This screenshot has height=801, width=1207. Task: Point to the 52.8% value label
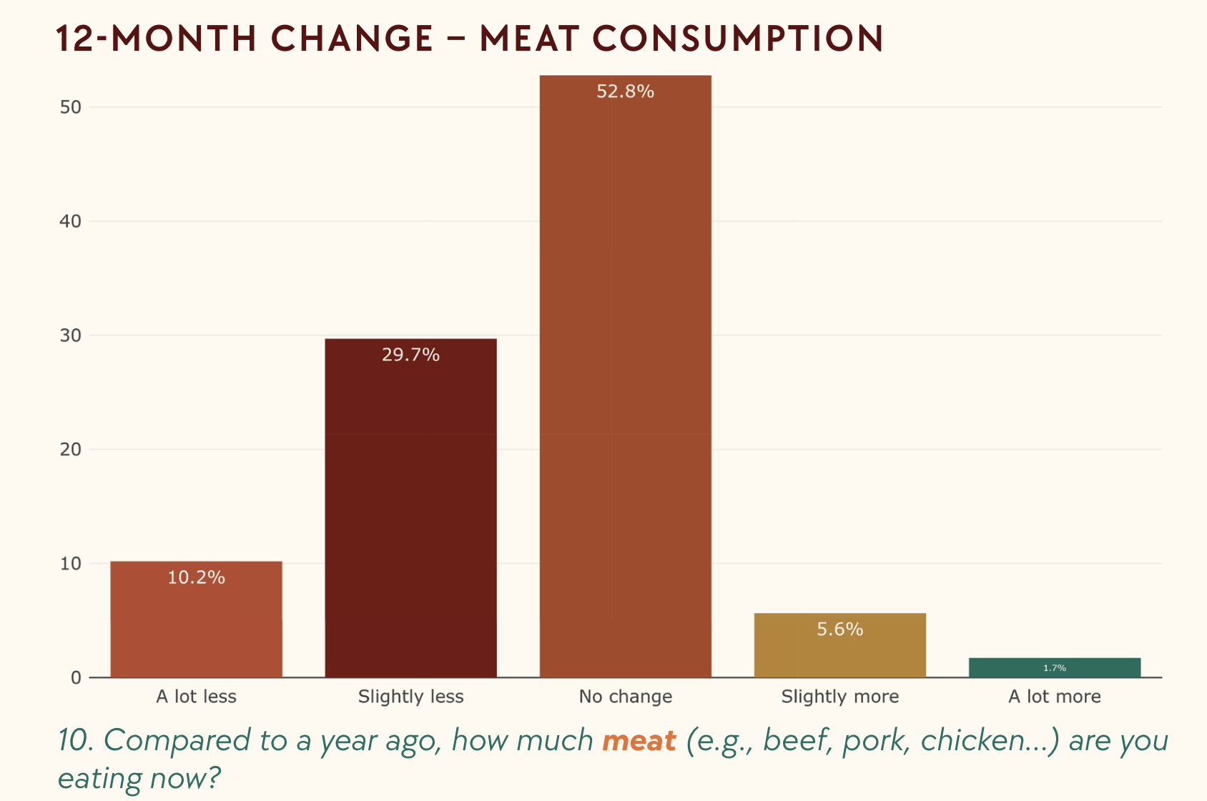[x=625, y=92]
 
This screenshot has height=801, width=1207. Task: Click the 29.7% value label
[x=410, y=355]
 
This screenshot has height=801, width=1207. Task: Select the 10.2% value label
[x=196, y=577]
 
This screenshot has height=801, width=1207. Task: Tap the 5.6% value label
[x=839, y=629]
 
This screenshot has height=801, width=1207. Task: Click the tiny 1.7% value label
[x=1054, y=668]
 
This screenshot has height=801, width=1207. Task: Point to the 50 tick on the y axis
[x=71, y=107]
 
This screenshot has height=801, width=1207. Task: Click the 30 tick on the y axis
[x=71, y=335]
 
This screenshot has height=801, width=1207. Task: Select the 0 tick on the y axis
[x=76, y=678]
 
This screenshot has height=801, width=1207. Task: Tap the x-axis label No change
[x=625, y=697]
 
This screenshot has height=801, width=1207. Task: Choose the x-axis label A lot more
[x=1054, y=697]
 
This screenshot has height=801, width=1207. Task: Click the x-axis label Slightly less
[x=410, y=697]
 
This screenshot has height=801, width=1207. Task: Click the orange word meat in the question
[x=639, y=741]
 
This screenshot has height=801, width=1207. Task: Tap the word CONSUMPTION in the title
[x=738, y=39]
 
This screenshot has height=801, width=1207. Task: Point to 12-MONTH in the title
[x=156, y=39]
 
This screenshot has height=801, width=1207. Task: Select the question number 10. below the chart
[x=76, y=741]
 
